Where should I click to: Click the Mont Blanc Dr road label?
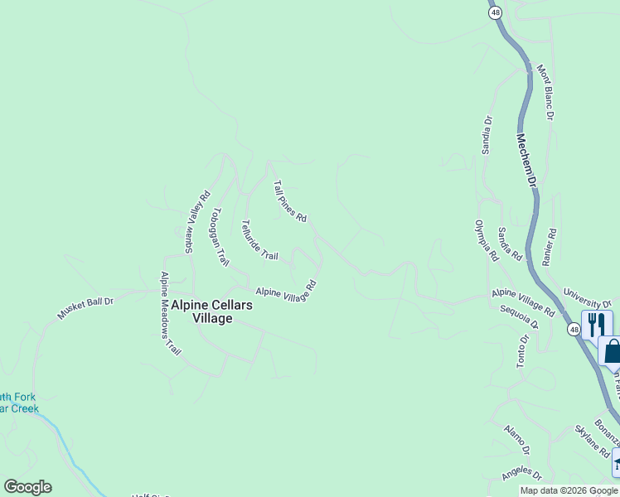(x=545, y=93)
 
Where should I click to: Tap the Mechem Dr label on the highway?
(x=527, y=159)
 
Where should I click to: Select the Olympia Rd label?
(x=486, y=240)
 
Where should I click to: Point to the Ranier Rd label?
(x=548, y=247)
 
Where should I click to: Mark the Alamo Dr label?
(x=516, y=439)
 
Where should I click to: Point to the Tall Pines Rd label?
(x=290, y=202)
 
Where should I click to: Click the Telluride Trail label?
(x=259, y=240)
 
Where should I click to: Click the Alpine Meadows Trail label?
(x=170, y=314)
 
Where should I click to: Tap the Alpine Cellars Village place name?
(x=211, y=311)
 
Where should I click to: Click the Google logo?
(x=27, y=487)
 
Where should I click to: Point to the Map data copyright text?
(x=569, y=490)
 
